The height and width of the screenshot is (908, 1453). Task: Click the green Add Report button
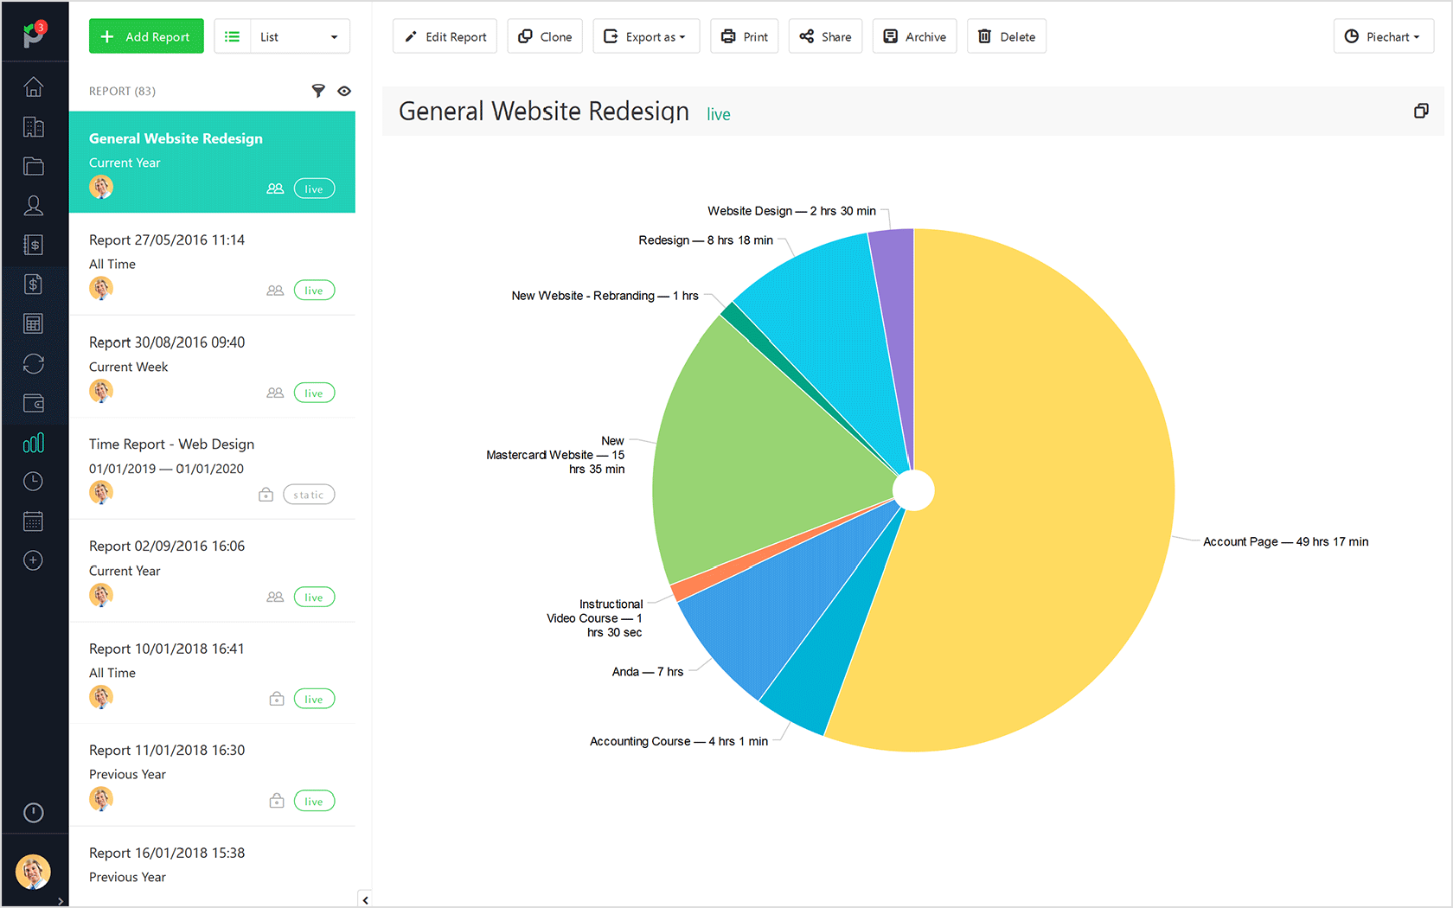(146, 36)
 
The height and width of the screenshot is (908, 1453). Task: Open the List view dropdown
(282, 36)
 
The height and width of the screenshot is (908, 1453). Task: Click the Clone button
(545, 36)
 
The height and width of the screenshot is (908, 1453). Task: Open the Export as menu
(645, 36)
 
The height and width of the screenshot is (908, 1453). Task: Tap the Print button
(745, 36)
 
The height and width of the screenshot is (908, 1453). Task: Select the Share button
(825, 36)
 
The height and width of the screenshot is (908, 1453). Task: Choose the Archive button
(914, 36)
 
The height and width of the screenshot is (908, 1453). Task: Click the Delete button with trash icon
(1007, 36)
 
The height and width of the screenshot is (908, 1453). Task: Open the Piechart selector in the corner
(1383, 36)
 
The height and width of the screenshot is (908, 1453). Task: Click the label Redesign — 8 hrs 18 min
(706, 240)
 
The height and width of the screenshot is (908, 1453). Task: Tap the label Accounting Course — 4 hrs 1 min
(678, 741)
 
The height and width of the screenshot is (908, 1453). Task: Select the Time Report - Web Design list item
(171, 444)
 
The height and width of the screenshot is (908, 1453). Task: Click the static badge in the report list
(309, 495)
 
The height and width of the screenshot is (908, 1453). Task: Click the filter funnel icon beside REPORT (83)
(318, 91)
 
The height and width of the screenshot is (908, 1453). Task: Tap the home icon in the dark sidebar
(34, 87)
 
